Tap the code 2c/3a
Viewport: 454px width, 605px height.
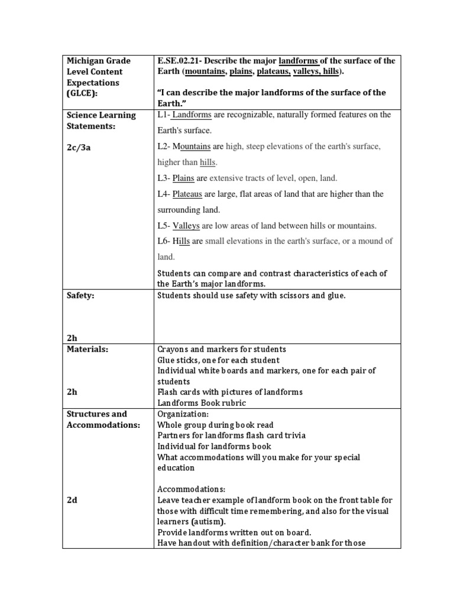pos(79,147)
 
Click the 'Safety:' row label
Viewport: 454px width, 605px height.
pos(81,295)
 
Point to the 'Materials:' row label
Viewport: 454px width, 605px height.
pos(86,349)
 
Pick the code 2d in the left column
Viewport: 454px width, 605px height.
pos(72,500)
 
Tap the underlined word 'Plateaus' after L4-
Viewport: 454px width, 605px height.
pos(187,194)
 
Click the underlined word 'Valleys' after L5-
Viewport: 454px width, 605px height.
pos(187,226)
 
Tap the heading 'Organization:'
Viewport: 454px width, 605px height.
pos(183,414)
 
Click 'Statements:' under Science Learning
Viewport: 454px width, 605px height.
pos(91,126)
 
